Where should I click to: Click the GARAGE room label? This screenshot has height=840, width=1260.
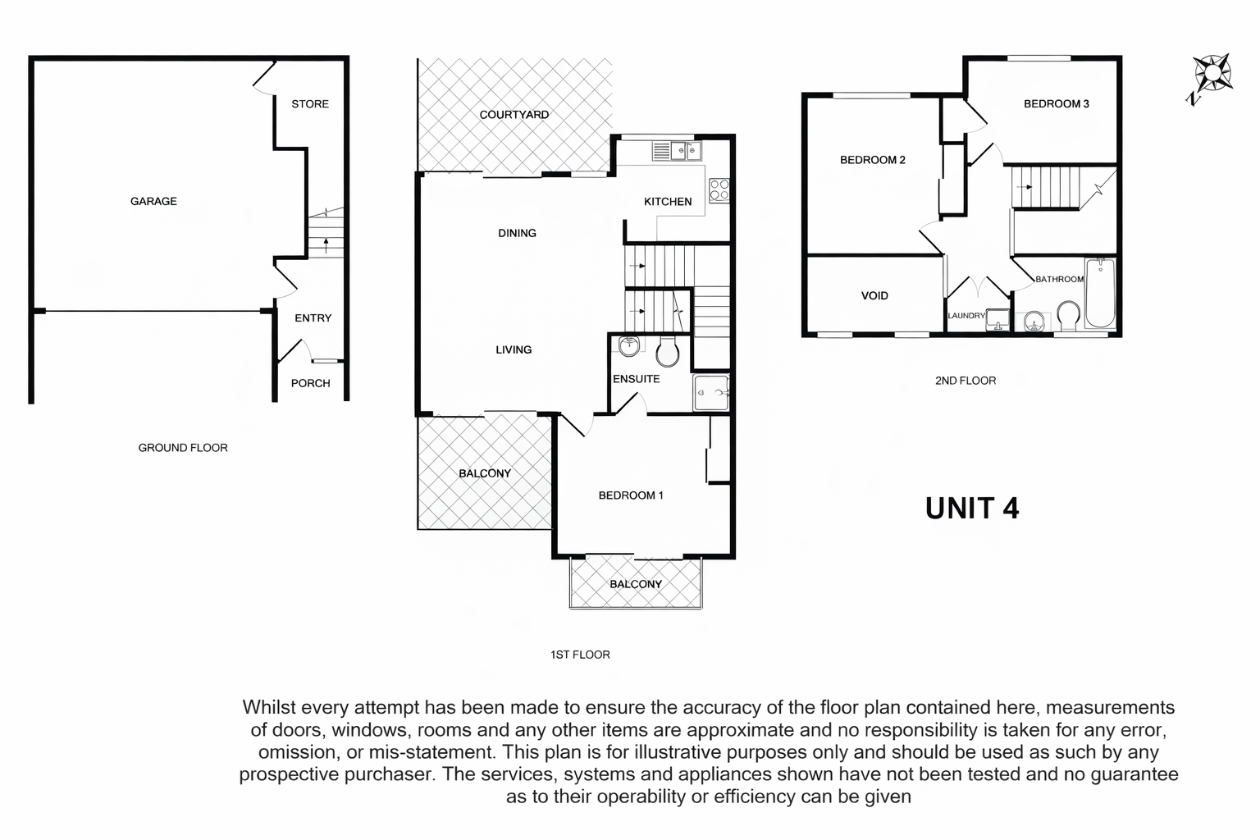tap(153, 202)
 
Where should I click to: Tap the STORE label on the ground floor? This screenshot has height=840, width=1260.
tap(310, 104)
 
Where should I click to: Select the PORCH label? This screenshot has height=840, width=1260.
tap(311, 383)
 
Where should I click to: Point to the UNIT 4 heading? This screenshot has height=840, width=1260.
tap(972, 508)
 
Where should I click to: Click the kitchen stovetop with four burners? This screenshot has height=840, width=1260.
tap(719, 190)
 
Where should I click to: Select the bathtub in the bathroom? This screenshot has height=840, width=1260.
tap(1100, 293)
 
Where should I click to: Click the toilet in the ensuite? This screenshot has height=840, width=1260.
tap(668, 351)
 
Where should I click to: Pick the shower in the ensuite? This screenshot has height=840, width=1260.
tap(711, 393)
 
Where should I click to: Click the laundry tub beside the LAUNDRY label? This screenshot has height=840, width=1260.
tap(997, 319)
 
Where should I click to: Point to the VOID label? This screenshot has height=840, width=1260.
tap(874, 296)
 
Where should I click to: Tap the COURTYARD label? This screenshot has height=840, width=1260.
tap(514, 115)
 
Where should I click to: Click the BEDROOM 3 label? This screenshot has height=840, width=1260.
tap(1057, 104)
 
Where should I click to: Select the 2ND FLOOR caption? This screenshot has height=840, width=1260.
tap(966, 381)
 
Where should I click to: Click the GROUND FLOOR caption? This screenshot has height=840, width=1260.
tap(183, 448)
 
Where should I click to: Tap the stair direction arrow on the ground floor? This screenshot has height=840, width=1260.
tap(326, 245)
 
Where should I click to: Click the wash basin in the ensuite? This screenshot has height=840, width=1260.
tap(629, 346)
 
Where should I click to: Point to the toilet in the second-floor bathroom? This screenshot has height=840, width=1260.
tap(1068, 317)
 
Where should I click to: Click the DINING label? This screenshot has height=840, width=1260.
tap(517, 233)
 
